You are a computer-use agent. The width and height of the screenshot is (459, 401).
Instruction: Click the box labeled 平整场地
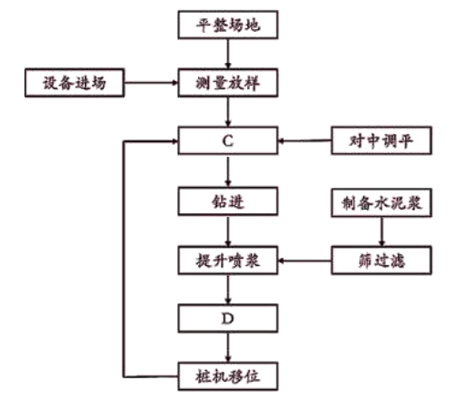click(228, 25)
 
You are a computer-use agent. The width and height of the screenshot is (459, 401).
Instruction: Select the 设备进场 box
click(75, 83)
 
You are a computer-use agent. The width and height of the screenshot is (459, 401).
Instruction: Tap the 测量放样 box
click(228, 83)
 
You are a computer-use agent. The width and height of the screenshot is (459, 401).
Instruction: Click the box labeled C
click(228, 140)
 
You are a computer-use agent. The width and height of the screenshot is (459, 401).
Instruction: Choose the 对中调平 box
click(381, 140)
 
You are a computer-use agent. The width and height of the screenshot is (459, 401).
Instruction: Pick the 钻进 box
click(228, 201)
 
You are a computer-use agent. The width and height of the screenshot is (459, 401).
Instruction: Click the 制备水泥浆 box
click(381, 202)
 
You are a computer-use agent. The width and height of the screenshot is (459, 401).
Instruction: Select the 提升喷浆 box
click(228, 261)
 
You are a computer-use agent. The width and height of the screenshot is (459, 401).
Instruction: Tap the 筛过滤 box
click(381, 261)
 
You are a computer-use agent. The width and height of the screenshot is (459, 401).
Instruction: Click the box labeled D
click(228, 318)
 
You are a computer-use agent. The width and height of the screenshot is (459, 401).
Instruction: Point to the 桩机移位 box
click(228, 376)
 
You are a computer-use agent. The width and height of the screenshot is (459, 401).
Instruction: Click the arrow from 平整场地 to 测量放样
click(228, 54)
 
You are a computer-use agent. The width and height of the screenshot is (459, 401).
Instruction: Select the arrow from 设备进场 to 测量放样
click(151, 83)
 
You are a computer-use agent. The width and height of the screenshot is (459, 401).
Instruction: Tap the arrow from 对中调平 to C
click(305, 141)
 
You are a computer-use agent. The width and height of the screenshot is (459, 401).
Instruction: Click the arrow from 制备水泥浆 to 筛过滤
click(381, 231)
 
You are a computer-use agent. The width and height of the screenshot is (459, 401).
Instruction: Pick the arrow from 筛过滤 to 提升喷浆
click(305, 261)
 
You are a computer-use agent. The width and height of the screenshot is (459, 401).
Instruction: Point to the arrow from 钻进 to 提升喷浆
click(228, 231)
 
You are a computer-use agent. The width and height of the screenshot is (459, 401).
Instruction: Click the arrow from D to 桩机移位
click(228, 347)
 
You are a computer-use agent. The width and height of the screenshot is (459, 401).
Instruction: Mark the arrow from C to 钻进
click(228, 171)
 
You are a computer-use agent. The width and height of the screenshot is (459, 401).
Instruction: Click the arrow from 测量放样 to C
click(228, 112)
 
